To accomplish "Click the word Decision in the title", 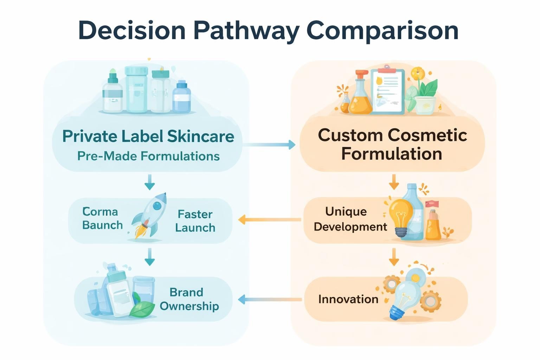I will pyautogui.click(x=132, y=31).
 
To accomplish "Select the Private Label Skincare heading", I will pyautogui.click(x=148, y=136).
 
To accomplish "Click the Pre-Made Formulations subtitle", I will pyautogui.click(x=148, y=156).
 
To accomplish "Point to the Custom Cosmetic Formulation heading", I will pyautogui.click(x=392, y=144).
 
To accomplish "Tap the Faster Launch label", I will pyautogui.click(x=195, y=221).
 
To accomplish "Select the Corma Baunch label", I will pyautogui.click(x=102, y=218).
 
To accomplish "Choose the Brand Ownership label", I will pyautogui.click(x=189, y=299).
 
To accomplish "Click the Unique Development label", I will pyautogui.click(x=350, y=219).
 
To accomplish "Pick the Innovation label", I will pyautogui.click(x=348, y=299).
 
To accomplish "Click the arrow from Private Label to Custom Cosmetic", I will pyautogui.click(x=269, y=144).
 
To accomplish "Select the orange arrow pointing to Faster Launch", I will pyautogui.click(x=269, y=220).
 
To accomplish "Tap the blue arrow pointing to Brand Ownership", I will pyautogui.click(x=269, y=300).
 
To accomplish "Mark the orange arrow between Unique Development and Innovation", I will pyautogui.click(x=394, y=257).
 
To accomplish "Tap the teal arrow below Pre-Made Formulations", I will pyautogui.click(x=149, y=182).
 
